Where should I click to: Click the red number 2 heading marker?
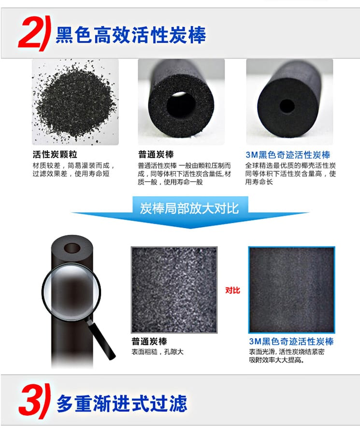point(33,33)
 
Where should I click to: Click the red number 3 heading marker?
point(34,401)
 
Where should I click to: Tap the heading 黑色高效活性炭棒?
point(130,35)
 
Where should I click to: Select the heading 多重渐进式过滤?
point(122,403)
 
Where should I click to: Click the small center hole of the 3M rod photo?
point(287,106)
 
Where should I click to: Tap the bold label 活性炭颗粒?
point(55,155)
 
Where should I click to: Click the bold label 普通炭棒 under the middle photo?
point(156,155)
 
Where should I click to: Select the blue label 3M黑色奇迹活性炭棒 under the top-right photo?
point(288,155)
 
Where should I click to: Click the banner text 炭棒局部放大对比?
point(189,208)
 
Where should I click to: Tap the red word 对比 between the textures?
point(232,290)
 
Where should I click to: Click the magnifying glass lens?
point(71,292)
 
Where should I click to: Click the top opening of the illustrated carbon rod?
point(72,248)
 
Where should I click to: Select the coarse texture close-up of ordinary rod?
point(174,290)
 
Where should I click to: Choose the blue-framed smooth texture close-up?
point(291,290)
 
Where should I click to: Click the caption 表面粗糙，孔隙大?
point(158,352)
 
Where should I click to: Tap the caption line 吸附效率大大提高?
point(276,360)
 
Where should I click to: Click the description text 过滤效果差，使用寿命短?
point(71,174)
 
